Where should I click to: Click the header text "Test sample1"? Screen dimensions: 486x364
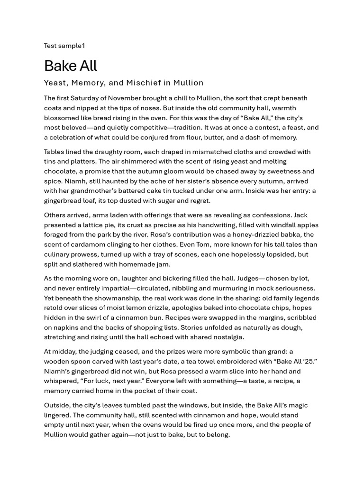point(64,46)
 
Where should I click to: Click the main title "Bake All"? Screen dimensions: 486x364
point(70,65)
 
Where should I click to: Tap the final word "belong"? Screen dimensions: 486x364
point(217,435)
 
